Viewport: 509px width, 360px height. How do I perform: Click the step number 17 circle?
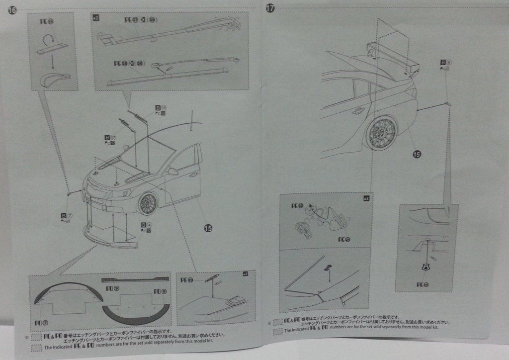270,8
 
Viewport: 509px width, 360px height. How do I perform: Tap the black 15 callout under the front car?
208,228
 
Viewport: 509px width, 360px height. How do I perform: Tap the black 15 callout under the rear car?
417,155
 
